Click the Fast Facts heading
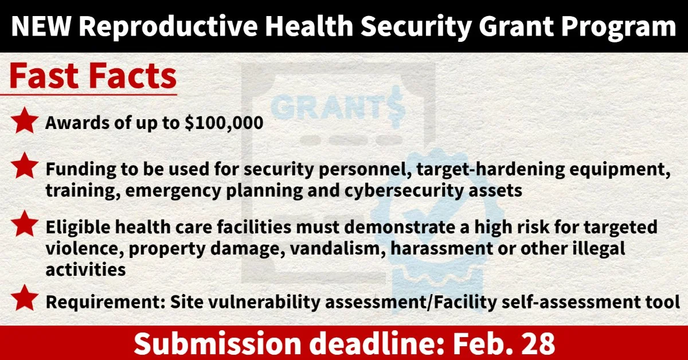pyautogui.click(x=93, y=76)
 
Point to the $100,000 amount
pyautogui.click(x=224, y=123)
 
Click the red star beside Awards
pyautogui.click(x=25, y=120)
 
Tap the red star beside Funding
pyautogui.click(x=25, y=166)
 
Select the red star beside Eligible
pyautogui.click(x=25, y=224)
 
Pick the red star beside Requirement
pyautogui.click(x=25, y=298)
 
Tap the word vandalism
pyautogui.click(x=338, y=248)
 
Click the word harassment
pyautogui.click(x=441, y=249)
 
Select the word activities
pyautogui.click(x=85, y=269)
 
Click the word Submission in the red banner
pyautogui.click(x=217, y=343)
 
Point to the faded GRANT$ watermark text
pyautogui.click(x=337, y=107)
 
